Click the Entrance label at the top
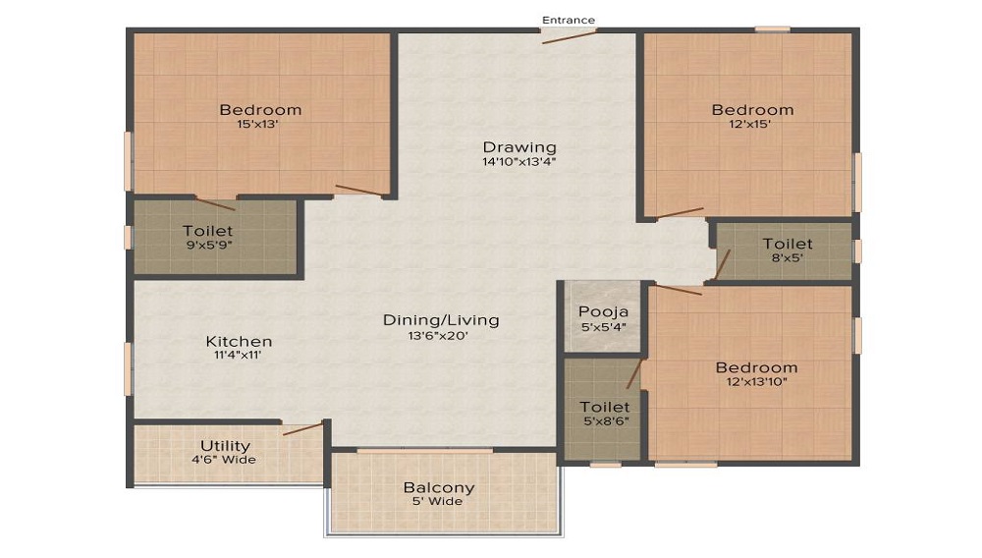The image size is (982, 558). pos(568,20)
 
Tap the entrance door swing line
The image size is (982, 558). pos(570,36)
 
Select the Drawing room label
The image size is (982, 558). pos(519,147)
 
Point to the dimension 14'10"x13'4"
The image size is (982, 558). pos(519,161)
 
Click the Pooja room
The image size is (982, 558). pos(603,317)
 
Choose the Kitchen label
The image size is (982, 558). pos(240,341)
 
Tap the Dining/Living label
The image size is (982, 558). pos(441,320)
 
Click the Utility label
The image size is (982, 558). pos(226,445)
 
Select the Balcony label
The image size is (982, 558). pos(438,487)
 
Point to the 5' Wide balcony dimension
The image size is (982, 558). pos(438,502)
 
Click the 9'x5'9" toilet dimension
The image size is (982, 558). pos(209,245)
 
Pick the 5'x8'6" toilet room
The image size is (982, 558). pos(603,409)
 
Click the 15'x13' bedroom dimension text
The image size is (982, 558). pos(257,124)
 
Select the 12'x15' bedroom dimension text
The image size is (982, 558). pos(749,124)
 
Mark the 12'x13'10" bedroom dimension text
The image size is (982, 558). pos(756,382)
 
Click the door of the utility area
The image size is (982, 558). pos(302,428)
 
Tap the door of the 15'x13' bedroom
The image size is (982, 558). pos(358,191)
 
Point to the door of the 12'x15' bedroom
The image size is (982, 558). pos(680,213)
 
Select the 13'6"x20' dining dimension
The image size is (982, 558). pos(438,336)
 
